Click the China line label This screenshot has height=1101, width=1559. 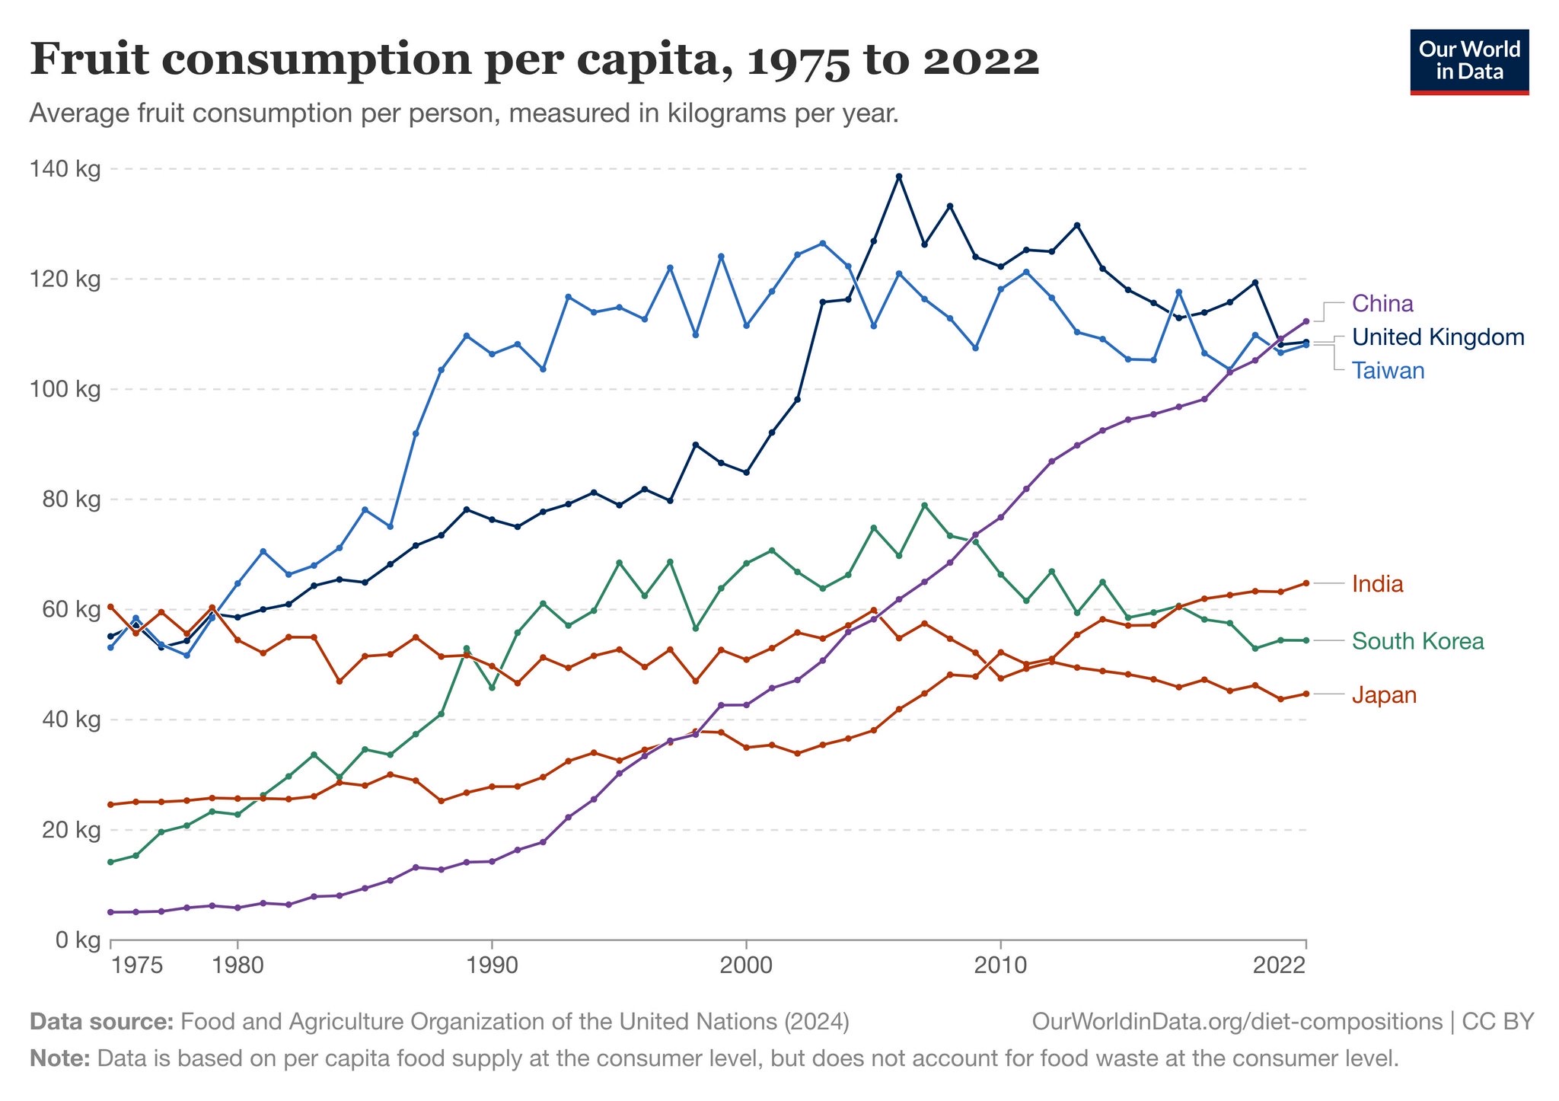tap(1382, 304)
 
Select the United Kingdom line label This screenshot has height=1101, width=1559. tap(1438, 337)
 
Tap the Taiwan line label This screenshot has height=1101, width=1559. tap(1388, 371)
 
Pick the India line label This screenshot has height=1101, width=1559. tap(1377, 584)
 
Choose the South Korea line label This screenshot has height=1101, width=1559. tap(1417, 641)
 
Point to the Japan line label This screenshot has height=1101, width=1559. tap(1384, 695)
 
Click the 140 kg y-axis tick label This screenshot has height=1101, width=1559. tap(67, 169)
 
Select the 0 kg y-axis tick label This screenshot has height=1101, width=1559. tap(78, 940)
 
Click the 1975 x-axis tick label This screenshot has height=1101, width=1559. tap(136, 966)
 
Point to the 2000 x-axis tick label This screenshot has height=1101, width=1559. tap(746, 966)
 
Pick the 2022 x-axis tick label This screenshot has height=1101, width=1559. tap(1279, 966)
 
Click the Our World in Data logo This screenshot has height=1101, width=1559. tap(1469, 62)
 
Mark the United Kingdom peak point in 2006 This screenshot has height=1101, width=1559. tap(899, 177)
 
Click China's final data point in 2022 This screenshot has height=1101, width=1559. tap(1306, 321)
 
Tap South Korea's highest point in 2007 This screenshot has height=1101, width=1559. tap(924, 506)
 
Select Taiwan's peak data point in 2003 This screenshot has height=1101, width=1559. tap(823, 244)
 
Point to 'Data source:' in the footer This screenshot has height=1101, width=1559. tap(102, 1021)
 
